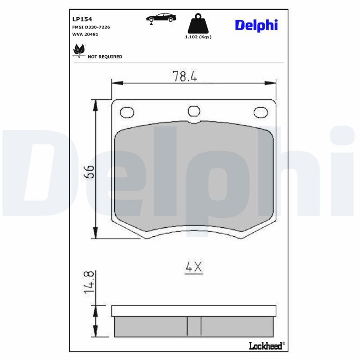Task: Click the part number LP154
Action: (x=82, y=19)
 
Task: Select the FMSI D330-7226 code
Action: (x=91, y=27)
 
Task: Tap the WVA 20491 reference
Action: (x=85, y=34)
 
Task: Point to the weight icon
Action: (x=198, y=23)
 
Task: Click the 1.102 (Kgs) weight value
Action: (x=198, y=37)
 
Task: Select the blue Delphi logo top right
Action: (x=256, y=25)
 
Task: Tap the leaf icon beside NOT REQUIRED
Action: (x=79, y=50)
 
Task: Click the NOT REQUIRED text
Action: (x=105, y=57)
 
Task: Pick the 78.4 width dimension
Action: (x=185, y=76)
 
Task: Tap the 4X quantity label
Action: (x=194, y=267)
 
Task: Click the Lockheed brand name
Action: (x=266, y=346)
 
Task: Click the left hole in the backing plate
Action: (x=127, y=111)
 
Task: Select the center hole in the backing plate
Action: (x=193, y=111)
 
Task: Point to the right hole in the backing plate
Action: (x=260, y=112)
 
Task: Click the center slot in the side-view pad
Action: (x=194, y=326)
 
